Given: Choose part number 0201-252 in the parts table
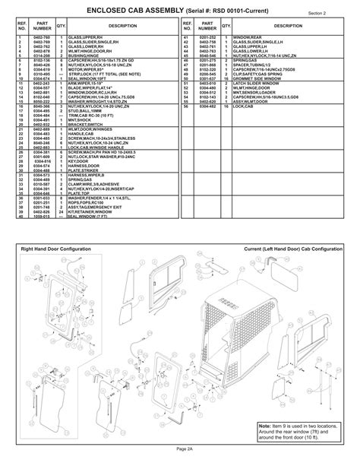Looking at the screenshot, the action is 208,36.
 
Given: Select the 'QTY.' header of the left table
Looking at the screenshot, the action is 60,25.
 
